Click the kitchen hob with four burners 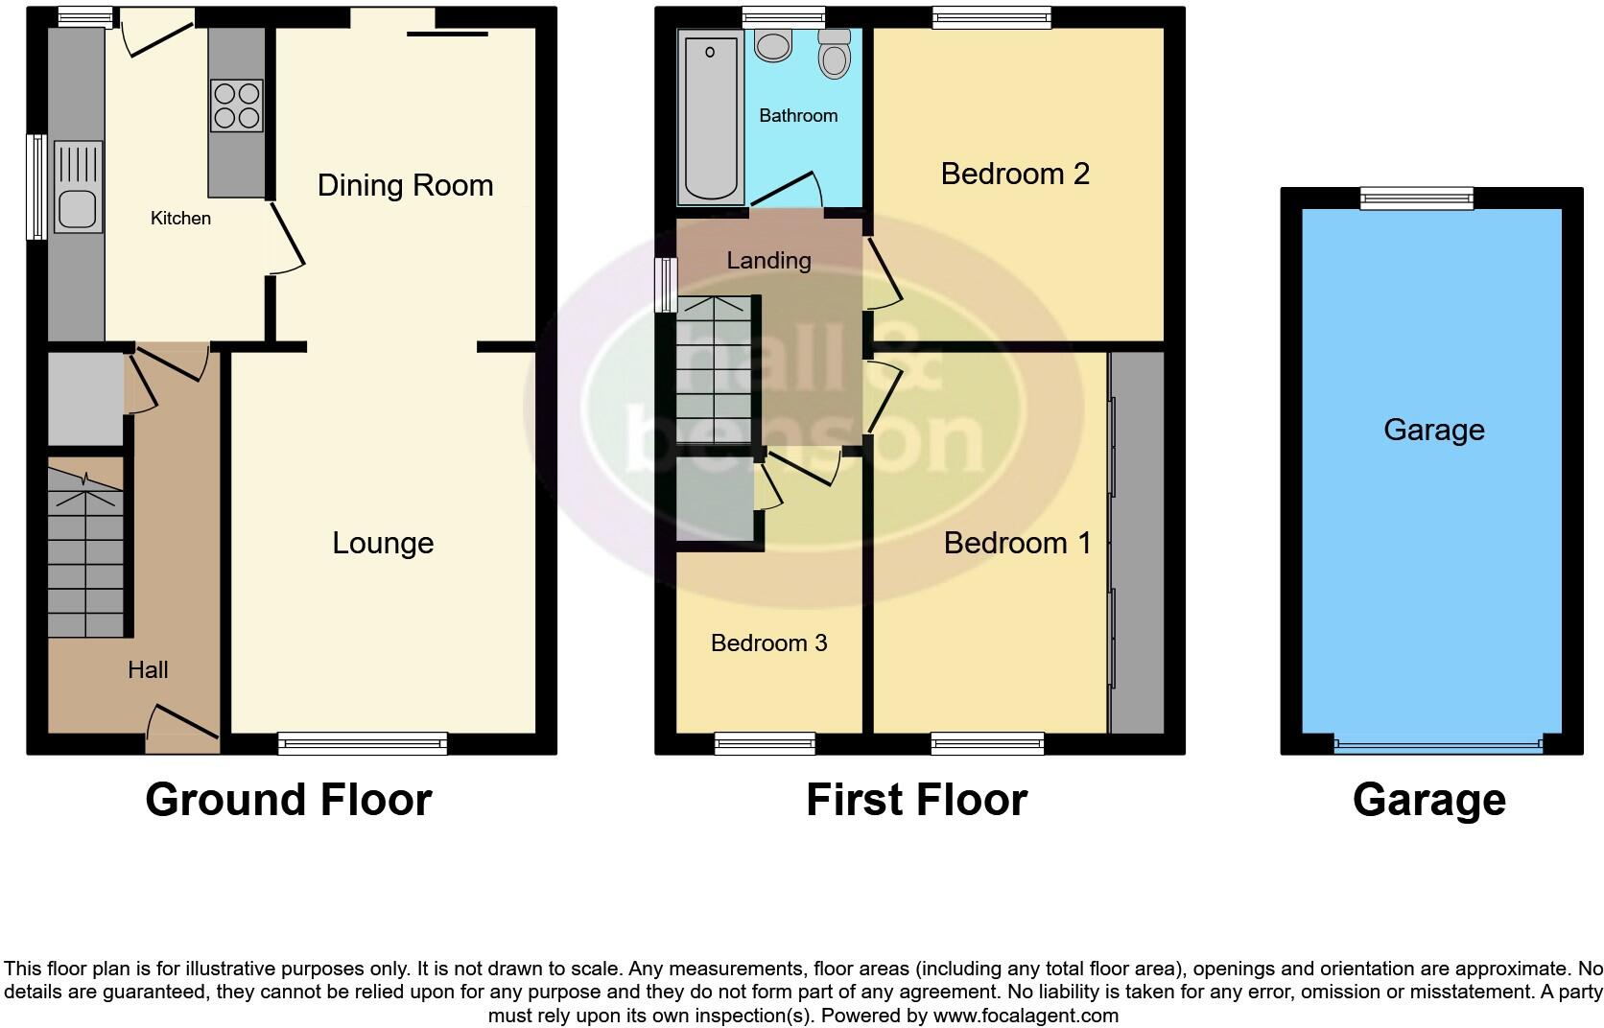pos(237,105)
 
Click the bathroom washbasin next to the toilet pos(771,44)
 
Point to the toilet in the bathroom pos(835,55)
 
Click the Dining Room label pos(405,185)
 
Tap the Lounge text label pos(383,543)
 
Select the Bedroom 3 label pos(768,642)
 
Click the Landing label pos(768,260)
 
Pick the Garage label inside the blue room pos(1433,430)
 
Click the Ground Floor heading pos(288,800)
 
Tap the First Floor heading pos(916,800)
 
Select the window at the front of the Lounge pos(363,742)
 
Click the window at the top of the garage pos(1416,198)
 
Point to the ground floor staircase pos(86,556)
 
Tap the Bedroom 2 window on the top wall pos(991,16)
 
